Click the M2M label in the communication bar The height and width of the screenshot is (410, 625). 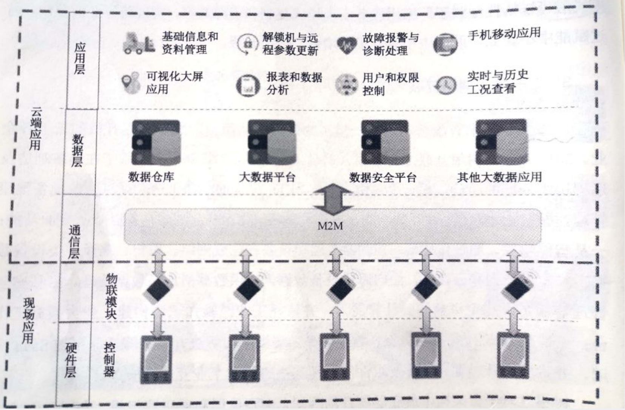tap(330, 226)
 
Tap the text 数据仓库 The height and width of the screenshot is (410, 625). tap(151, 177)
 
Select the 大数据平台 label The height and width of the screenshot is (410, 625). tap(267, 177)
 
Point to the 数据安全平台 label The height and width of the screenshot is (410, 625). tap(383, 177)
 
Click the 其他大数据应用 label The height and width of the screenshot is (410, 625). tap(499, 177)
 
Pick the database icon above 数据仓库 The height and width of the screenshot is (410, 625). tap(155, 143)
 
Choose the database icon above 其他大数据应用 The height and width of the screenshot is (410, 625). tap(501, 142)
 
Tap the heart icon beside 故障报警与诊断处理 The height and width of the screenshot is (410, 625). tap(346, 45)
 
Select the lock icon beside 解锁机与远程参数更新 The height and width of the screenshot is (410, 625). tap(247, 44)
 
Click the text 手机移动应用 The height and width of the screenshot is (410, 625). tap(504, 34)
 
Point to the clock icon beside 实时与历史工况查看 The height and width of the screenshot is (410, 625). tap(446, 85)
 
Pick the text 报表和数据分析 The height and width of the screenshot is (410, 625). tap(294, 83)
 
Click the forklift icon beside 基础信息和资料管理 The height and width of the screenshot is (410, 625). tap(138, 43)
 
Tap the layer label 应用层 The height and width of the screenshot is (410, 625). tap(79, 58)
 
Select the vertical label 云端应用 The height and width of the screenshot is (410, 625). tap(35, 128)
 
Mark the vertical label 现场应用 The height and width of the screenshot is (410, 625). tap(28, 321)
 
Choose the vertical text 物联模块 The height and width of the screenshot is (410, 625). tap(111, 296)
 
